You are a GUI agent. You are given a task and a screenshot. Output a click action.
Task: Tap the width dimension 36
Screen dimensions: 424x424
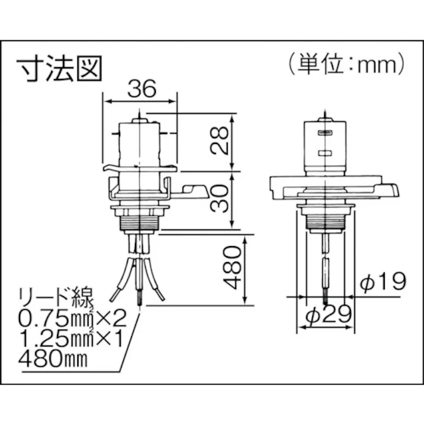141,89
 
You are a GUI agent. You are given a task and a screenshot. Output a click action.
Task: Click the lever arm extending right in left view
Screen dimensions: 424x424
193,191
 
